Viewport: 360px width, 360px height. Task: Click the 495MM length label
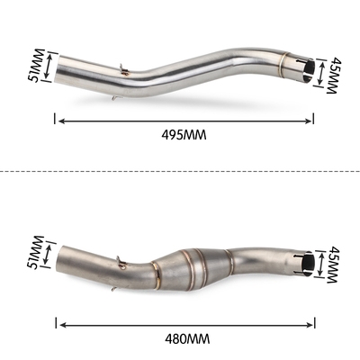(184, 135)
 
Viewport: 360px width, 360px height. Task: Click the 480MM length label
(187, 339)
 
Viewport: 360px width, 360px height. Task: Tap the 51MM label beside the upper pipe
(35, 65)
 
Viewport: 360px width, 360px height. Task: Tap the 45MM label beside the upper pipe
(331, 76)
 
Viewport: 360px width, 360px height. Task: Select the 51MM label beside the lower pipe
(36, 253)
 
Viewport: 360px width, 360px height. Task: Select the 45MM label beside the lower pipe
(333, 265)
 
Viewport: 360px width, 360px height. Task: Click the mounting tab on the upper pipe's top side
(123, 70)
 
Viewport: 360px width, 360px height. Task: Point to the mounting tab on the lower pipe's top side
(121, 262)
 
